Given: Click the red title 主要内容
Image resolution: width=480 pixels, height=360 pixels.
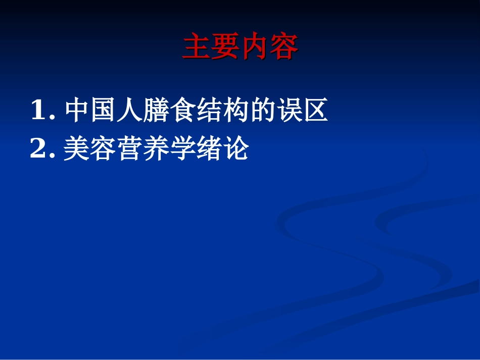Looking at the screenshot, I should [x=240, y=47].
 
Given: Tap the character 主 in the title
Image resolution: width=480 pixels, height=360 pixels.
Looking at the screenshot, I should [x=196, y=47].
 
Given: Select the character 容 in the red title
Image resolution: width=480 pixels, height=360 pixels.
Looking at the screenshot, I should [x=284, y=47].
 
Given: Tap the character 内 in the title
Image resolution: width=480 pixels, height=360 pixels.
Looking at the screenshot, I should [x=255, y=47].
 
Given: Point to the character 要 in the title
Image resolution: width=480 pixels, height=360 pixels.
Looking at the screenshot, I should [x=225, y=47].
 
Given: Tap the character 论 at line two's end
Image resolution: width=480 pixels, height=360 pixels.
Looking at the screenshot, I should [x=235, y=149].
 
